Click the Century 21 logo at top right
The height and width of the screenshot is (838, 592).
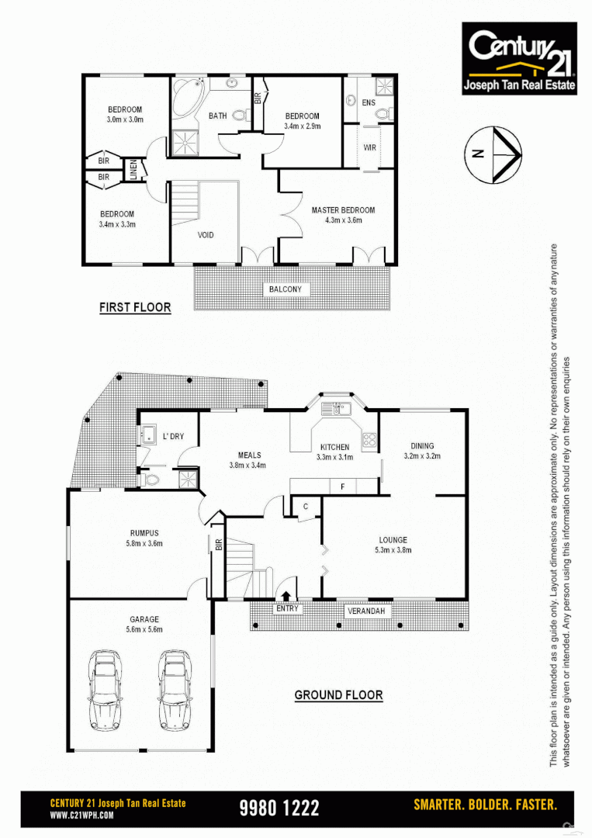[519, 58]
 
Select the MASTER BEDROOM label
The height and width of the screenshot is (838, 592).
[343, 210]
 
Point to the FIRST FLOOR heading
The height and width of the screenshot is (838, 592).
[135, 308]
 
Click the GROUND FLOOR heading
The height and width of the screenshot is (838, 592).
[338, 695]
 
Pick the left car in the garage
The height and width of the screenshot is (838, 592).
[106, 689]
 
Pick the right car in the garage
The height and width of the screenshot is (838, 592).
[176, 689]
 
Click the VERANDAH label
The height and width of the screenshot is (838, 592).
[365, 611]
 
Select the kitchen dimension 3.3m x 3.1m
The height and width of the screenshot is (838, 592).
[335, 458]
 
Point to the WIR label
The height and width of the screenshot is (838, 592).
[370, 147]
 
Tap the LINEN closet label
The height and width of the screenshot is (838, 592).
[133, 170]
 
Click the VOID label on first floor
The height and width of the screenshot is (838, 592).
[205, 235]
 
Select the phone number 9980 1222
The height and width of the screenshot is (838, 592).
[279, 808]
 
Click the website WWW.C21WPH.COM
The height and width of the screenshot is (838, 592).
[82, 815]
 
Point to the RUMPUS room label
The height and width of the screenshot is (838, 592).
[144, 533]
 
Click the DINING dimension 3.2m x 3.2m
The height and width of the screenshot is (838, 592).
[422, 456]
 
